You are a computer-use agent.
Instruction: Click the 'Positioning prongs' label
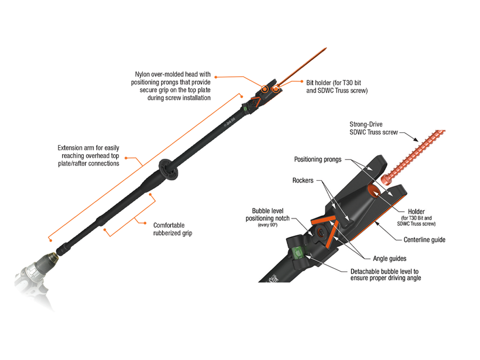pos(318,159)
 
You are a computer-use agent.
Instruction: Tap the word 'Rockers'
pos(302,181)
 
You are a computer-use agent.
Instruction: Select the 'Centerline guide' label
pos(425,240)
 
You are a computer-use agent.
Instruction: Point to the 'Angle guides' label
pos(388,259)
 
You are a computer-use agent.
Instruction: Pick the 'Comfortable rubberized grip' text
pos(173,229)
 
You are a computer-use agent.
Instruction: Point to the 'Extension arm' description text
pos(88,155)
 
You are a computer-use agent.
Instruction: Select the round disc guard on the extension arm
pos(167,172)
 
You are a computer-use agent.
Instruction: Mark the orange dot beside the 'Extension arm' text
pos(126,157)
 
